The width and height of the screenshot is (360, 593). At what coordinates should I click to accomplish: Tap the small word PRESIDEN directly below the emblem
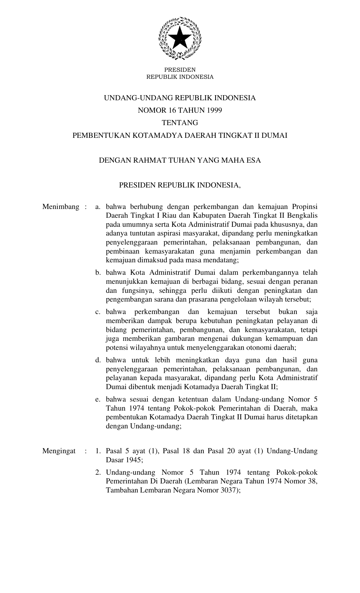click(x=180, y=70)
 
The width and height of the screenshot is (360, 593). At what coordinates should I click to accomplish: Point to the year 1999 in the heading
click(x=214, y=110)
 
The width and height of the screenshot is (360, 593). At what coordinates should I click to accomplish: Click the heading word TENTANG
click(x=180, y=123)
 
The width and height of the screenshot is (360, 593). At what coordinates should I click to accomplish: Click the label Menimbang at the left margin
click(x=61, y=207)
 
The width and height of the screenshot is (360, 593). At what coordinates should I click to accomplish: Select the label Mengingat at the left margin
click(x=59, y=451)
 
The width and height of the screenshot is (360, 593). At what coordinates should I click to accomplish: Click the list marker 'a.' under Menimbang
click(x=98, y=207)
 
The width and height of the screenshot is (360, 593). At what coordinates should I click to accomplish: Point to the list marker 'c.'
click(x=98, y=312)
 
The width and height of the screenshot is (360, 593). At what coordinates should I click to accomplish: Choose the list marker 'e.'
click(x=98, y=399)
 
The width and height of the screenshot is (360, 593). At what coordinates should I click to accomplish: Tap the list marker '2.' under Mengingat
click(x=98, y=472)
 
